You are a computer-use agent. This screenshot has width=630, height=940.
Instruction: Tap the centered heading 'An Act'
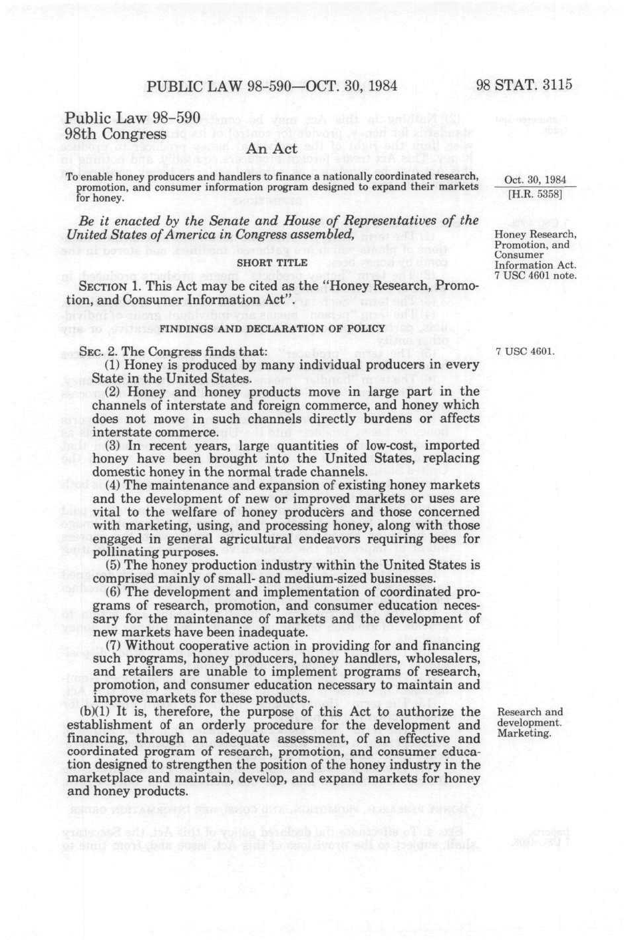[x=271, y=149]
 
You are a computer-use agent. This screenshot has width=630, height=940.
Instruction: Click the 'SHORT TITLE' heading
[x=272, y=263]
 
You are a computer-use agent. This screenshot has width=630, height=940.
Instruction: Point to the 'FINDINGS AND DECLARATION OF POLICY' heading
[x=272, y=329]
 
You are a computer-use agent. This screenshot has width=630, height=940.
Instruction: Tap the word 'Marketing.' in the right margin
[x=524, y=733]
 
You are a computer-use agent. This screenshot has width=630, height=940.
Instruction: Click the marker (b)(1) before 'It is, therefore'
[x=93, y=712]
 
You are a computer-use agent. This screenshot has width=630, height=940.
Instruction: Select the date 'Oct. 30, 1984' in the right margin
[x=535, y=180]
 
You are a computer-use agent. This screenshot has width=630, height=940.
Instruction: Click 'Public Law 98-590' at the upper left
[x=132, y=118]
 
